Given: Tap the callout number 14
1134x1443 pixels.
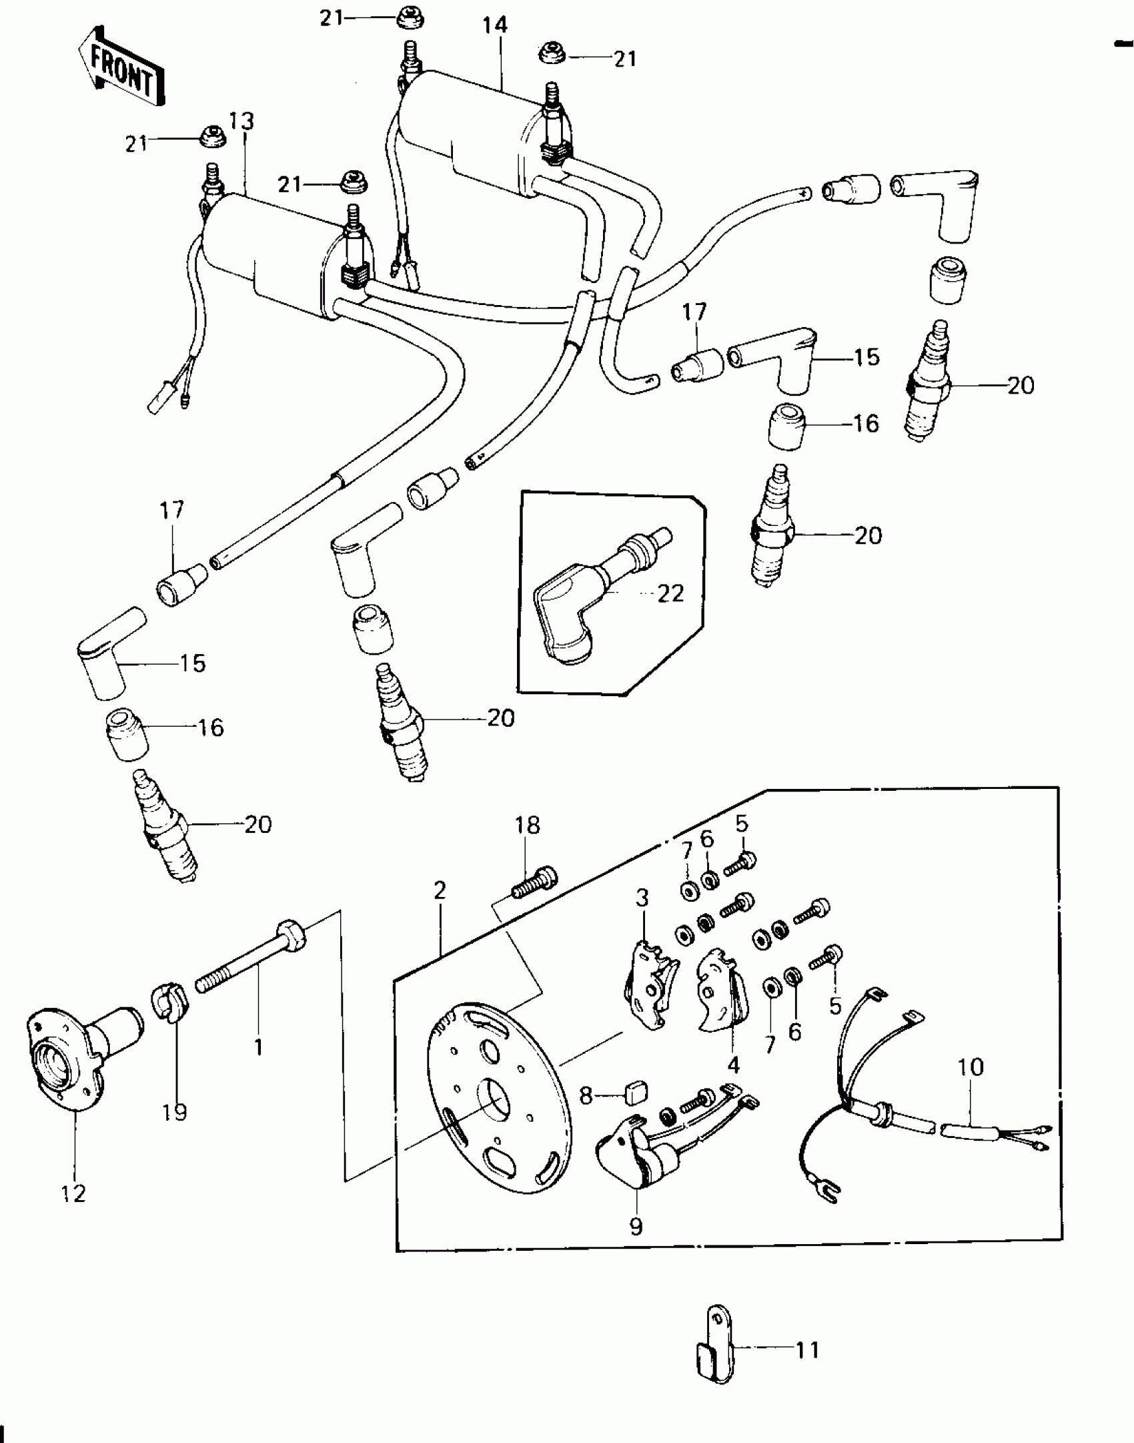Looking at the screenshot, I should coord(495,25).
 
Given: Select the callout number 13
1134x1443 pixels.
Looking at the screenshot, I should coord(241,121).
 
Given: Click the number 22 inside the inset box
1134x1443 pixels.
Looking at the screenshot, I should coord(670,593).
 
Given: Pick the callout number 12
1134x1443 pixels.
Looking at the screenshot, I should coord(73,1193).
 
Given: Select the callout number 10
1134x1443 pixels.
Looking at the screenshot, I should coord(971,1067).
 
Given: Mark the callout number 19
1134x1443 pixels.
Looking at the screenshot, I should coord(174,1112).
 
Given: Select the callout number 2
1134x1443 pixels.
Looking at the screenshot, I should coord(439,890).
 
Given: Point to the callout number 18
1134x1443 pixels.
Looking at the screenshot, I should coord(527,825).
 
